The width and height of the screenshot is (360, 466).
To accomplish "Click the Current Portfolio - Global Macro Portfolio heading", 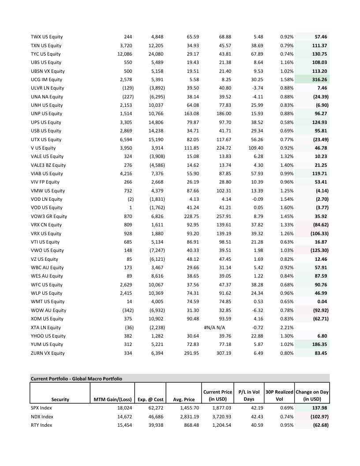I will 76,378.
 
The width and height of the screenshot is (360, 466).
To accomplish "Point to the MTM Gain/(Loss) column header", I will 112,399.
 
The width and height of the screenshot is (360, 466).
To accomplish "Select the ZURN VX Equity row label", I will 47,353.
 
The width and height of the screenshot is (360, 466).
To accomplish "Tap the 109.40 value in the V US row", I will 256,148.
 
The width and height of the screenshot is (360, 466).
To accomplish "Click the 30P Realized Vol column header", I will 280,395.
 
